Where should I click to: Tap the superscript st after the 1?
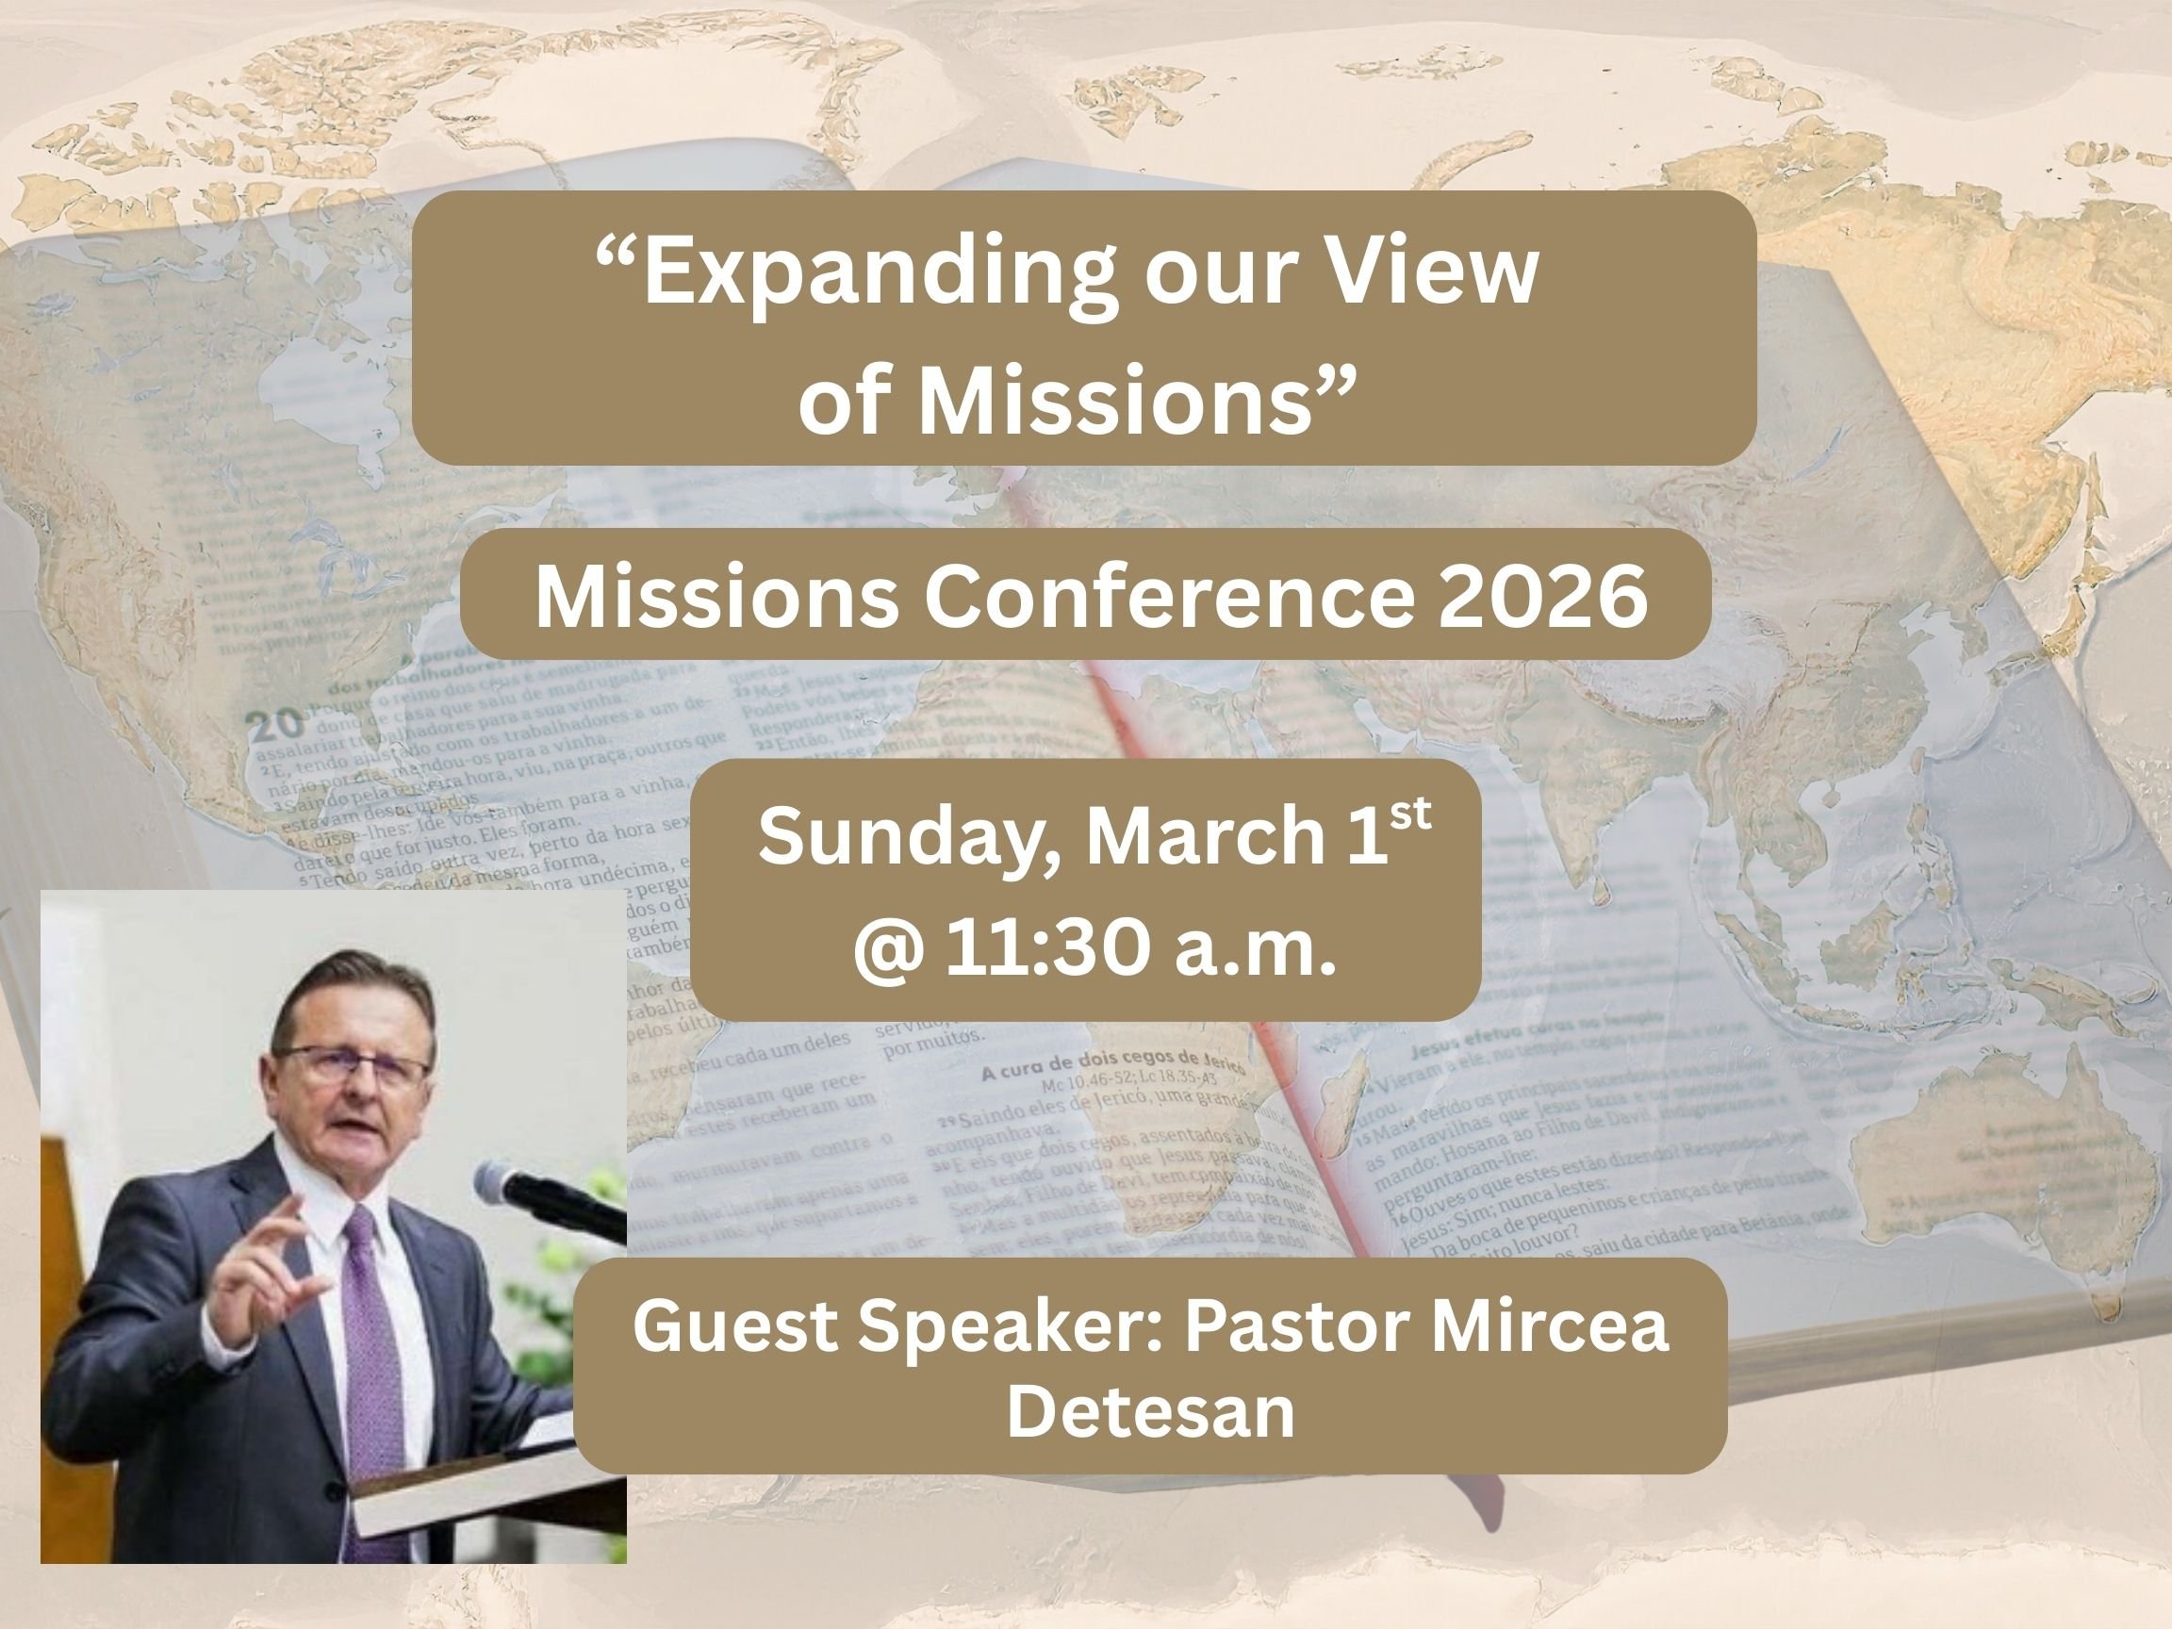click(x=1411, y=815)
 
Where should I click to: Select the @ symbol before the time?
click(x=888, y=949)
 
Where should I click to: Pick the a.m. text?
click(x=1256, y=949)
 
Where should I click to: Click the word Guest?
click(x=735, y=1325)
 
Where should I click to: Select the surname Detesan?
click(x=1150, y=1411)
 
